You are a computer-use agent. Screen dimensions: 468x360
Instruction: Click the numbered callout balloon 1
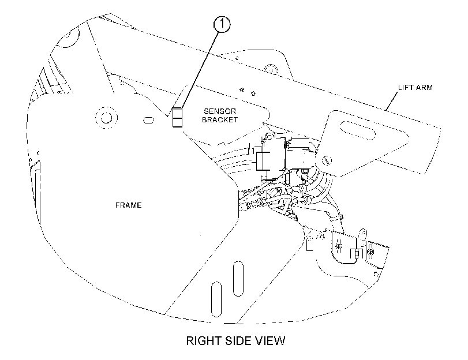222,24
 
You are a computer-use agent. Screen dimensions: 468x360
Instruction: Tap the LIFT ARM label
415,88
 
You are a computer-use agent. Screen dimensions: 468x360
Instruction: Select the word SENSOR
220,111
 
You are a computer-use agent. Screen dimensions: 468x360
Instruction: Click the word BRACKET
220,119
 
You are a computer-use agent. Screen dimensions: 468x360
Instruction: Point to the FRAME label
128,205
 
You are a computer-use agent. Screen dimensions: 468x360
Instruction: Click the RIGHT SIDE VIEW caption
236,340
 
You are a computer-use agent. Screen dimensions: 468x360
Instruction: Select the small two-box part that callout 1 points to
177,117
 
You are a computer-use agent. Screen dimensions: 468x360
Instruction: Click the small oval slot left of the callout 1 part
149,121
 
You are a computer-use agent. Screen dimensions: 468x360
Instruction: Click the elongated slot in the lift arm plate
358,130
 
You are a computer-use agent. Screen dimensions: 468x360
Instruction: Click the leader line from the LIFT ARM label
392,101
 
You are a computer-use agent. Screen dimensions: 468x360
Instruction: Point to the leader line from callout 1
199,70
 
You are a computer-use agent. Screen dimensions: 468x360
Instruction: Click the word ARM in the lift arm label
424,88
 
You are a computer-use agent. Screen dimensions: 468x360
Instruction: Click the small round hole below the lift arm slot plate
327,160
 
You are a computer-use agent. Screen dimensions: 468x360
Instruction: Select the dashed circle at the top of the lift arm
271,69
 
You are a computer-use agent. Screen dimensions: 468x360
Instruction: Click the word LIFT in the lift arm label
406,88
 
